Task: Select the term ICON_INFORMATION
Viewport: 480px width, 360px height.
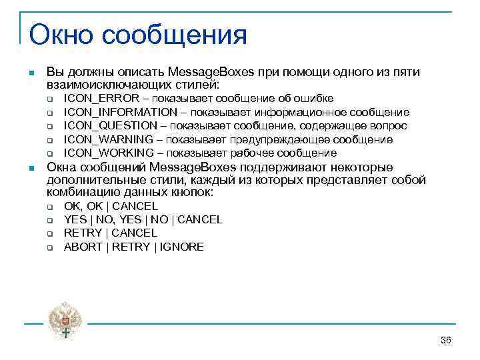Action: (121, 112)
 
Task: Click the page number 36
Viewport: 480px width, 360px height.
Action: (446, 341)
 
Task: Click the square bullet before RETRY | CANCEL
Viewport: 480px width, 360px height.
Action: (50, 233)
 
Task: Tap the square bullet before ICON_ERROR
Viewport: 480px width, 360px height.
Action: (50, 99)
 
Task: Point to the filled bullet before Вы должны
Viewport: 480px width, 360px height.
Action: (31, 73)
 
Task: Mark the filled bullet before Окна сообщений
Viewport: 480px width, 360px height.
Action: (31, 167)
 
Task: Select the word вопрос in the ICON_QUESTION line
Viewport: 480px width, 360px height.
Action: (391, 126)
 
